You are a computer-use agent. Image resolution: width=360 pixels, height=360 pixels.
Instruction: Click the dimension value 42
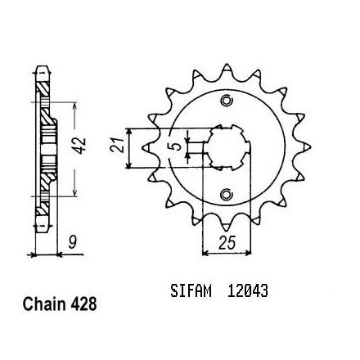(x=80, y=145)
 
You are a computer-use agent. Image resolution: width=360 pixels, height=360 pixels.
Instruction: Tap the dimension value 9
(x=72, y=243)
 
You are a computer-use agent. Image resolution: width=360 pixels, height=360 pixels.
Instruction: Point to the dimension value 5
(x=178, y=147)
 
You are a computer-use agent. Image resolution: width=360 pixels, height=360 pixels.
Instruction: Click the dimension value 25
(x=227, y=242)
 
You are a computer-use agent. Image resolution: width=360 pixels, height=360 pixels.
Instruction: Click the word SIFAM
(x=191, y=290)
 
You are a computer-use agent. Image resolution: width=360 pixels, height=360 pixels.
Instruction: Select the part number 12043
(x=248, y=290)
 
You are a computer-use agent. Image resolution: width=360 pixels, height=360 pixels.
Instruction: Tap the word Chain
(x=43, y=304)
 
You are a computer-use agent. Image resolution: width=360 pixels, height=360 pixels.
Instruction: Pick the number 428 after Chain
(x=83, y=304)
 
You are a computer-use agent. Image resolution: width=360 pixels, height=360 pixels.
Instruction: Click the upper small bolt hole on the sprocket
(x=226, y=101)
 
